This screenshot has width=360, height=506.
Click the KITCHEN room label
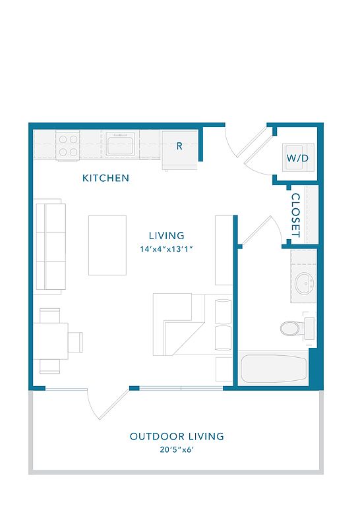[x=105, y=178]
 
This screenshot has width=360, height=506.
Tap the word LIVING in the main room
[x=167, y=236]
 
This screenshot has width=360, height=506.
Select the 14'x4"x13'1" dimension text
[x=167, y=249]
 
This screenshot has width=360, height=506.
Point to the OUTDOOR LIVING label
[x=177, y=436]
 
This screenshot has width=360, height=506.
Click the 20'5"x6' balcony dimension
[x=177, y=449]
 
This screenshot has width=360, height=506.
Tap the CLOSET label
[x=296, y=215]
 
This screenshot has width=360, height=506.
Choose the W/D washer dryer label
[x=297, y=158]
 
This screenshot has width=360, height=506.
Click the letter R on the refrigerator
[x=179, y=146]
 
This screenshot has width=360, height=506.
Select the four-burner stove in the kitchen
[x=68, y=146]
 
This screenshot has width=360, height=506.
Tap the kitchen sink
[x=120, y=144]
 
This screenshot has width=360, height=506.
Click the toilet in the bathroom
[x=297, y=327]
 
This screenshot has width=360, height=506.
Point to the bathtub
[x=274, y=368]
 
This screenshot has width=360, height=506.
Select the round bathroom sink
[x=303, y=283]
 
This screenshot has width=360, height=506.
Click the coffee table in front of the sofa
[x=107, y=245]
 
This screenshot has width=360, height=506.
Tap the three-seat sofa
[x=50, y=246]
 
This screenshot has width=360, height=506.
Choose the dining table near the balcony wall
[x=51, y=341]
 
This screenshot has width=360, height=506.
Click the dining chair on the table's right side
[x=76, y=342]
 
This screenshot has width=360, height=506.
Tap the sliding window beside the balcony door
[x=181, y=388]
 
